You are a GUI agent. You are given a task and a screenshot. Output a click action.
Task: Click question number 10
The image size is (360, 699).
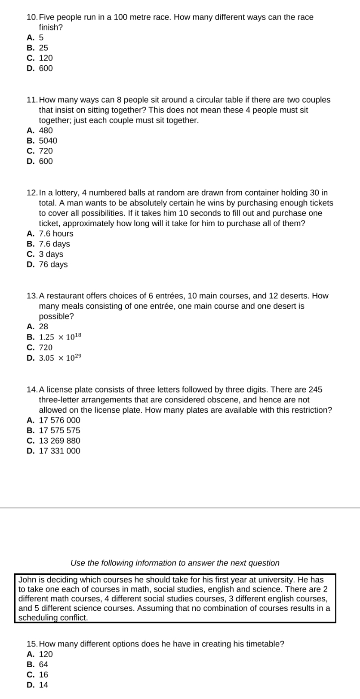pyautogui.click(x=32, y=17)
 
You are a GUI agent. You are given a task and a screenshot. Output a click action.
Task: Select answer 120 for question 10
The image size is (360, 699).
pyautogui.click(x=46, y=58)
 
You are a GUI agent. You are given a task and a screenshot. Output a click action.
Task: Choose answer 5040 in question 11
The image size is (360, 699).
pyautogui.click(x=48, y=141)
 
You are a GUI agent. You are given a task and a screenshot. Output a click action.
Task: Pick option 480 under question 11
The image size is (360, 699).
pyautogui.click(x=46, y=130)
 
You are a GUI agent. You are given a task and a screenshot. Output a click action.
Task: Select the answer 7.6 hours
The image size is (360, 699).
pyautogui.click(x=56, y=233)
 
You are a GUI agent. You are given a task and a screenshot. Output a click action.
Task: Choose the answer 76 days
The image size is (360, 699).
pyautogui.click(x=53, y=264)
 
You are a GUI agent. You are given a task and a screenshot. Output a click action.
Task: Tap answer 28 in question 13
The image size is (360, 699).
pyautogui.click(x=43, y=326)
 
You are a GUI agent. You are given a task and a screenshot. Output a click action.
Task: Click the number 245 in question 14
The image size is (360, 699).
pyautogui.click(x=315, y=389)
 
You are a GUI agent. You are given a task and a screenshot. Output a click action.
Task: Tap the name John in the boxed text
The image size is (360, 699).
pyautogui.click(x=26, y=579)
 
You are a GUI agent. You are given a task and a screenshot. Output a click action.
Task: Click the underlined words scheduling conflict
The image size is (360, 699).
pyautogui.click(x=53, y=618)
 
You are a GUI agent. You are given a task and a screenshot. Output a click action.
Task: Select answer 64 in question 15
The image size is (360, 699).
pyautogui.click(x=43, y=664)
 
